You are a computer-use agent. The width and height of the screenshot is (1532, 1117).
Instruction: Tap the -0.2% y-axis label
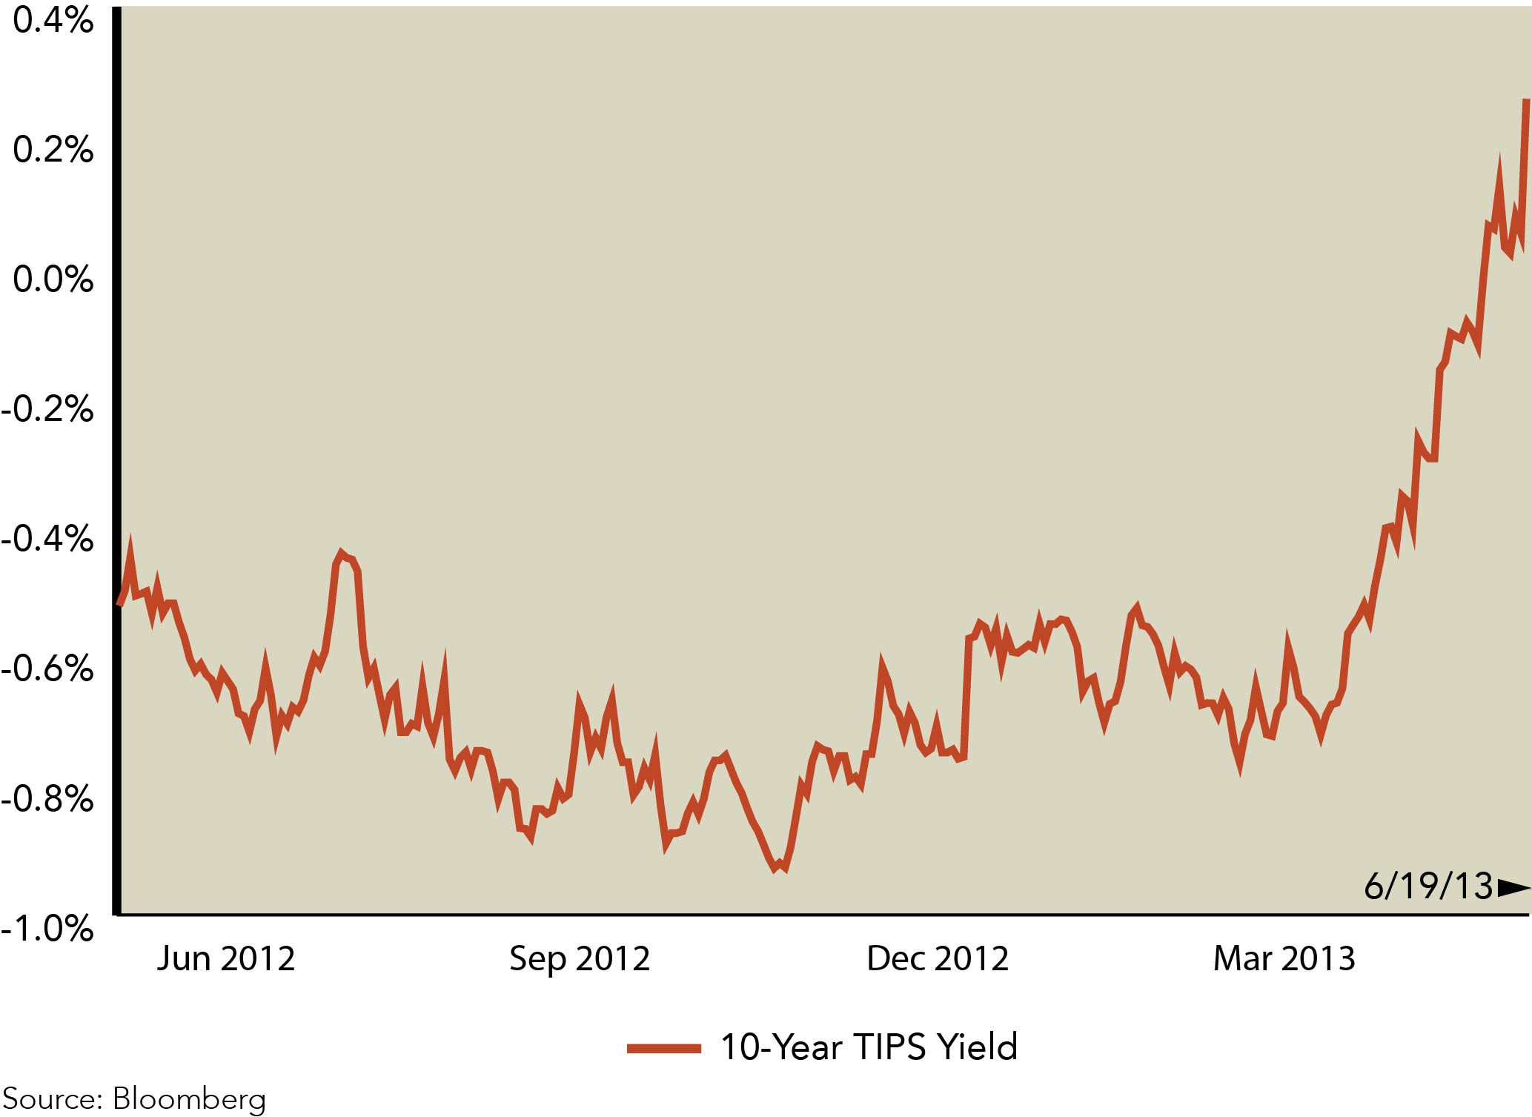click(x=48, y=409)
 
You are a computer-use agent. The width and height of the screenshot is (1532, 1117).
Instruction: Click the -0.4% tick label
click(x=48, y=539)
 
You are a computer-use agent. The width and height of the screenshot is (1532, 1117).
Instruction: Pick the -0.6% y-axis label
click(x=48, y=669)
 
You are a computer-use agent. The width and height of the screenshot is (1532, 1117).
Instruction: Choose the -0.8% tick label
click(x=48, y=799)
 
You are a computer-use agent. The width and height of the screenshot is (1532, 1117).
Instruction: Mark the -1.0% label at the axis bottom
click(x=48, y=928)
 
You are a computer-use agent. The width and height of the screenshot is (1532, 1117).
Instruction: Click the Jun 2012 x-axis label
click(x=225, y=959)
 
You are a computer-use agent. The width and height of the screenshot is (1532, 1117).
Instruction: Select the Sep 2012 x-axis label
click(x=580, y=959)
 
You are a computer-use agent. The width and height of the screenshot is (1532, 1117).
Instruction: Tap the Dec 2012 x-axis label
click(x=938, y=959)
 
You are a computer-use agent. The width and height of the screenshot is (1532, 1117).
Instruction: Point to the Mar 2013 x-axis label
click(x=1284, y=959)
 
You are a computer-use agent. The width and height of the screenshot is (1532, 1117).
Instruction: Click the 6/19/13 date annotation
click(x=1428, y=886)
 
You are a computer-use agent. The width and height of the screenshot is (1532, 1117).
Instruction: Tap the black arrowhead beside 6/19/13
click(x=1513, y=887)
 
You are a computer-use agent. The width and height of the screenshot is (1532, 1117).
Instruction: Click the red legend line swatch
click(x=663, y=1048)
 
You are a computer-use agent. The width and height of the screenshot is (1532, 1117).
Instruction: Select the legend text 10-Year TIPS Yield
click(x=869, y=1047)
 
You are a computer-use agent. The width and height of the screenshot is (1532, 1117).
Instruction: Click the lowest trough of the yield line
click(x=775, y=868)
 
